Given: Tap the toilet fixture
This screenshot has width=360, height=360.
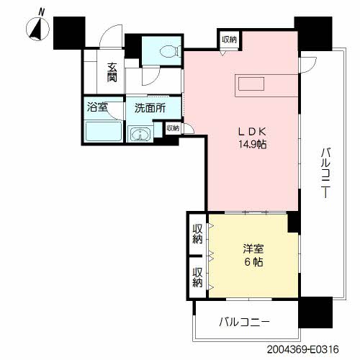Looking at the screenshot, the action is click(171, 51).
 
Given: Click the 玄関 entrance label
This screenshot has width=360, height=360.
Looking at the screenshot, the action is click(112, 72).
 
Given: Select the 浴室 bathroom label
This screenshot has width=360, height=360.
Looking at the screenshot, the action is click(97, 107).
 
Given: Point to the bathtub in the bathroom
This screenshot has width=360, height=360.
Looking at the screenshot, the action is click(104, 131).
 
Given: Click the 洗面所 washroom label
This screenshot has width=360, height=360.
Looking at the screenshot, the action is click(150, 108).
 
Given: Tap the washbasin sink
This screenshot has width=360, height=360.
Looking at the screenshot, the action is click(140, 134).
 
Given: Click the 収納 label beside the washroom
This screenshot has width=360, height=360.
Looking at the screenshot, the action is click(173, 128).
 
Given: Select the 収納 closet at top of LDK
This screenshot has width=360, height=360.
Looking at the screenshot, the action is click(230, 40).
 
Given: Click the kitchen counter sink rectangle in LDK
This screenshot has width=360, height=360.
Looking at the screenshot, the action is click(251, 84).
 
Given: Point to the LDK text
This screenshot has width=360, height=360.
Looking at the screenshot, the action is click(252, 132).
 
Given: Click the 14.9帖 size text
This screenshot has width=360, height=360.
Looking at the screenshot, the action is click(252, 144).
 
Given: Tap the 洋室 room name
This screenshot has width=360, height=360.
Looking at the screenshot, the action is click(253, 249).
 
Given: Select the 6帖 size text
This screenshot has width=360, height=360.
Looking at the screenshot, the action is click(253, 262).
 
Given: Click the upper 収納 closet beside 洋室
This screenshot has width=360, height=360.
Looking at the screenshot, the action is click(197, 234).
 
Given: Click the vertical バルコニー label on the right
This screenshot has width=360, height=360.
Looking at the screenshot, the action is click(326, 173).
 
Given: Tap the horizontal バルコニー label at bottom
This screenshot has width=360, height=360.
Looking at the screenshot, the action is click(244, 322).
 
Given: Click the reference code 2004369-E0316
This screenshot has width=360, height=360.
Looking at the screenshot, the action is click(303, 349).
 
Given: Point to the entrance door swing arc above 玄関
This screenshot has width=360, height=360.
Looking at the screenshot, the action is click(109, 34).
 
